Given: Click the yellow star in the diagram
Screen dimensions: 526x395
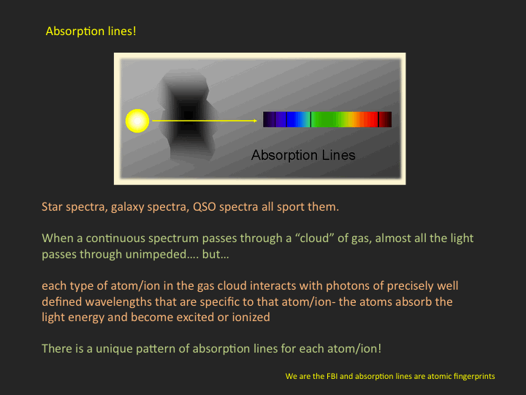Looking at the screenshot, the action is pos(137,121).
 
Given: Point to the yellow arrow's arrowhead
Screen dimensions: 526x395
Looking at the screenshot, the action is pos(255,121).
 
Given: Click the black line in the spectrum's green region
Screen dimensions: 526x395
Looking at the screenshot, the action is pos(310,119).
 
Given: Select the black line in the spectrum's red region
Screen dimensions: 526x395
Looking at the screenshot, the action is pos(378,119).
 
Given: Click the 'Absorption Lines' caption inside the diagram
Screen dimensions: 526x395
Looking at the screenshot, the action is pos(303,155).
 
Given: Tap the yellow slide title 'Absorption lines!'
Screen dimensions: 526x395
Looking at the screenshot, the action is pos(91,31).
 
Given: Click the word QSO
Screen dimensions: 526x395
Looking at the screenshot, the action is pos(205,206).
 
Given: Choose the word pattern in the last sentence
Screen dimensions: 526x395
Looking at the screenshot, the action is pos(156,349).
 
